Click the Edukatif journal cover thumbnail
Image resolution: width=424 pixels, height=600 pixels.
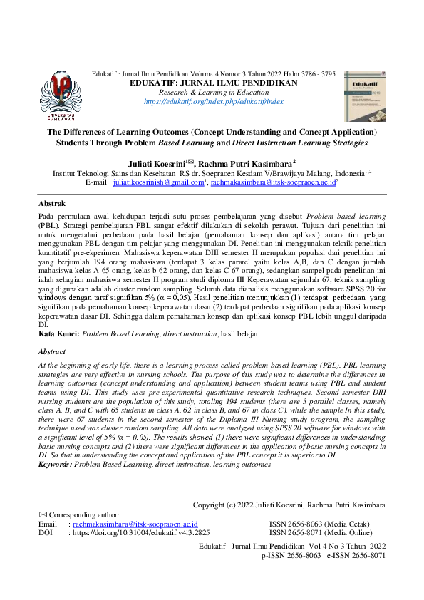click(364, 95)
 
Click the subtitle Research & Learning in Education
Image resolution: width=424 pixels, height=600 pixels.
click(213, 93)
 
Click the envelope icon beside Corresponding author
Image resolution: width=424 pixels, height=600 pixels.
click(41, 514)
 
